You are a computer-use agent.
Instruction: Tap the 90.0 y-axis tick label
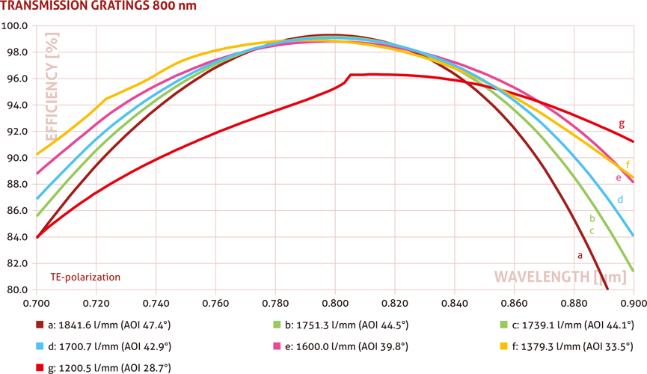pos(16,158)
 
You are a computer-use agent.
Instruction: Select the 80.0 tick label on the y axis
pos(16,290)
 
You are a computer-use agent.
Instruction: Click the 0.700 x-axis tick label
pos(37,304)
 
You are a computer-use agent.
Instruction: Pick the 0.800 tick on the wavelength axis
pos(335,304)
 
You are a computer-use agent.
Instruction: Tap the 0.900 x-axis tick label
pos(633,304)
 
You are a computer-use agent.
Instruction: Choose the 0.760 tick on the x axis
pos(215,304)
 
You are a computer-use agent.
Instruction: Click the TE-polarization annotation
pos(85,277)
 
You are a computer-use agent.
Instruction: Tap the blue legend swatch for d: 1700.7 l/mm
pos(40,346)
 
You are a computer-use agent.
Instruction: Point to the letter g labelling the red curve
pos(622,124)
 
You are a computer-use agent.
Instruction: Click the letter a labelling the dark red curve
pos(579,255)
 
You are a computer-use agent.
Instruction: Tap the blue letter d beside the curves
pos(620,200)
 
